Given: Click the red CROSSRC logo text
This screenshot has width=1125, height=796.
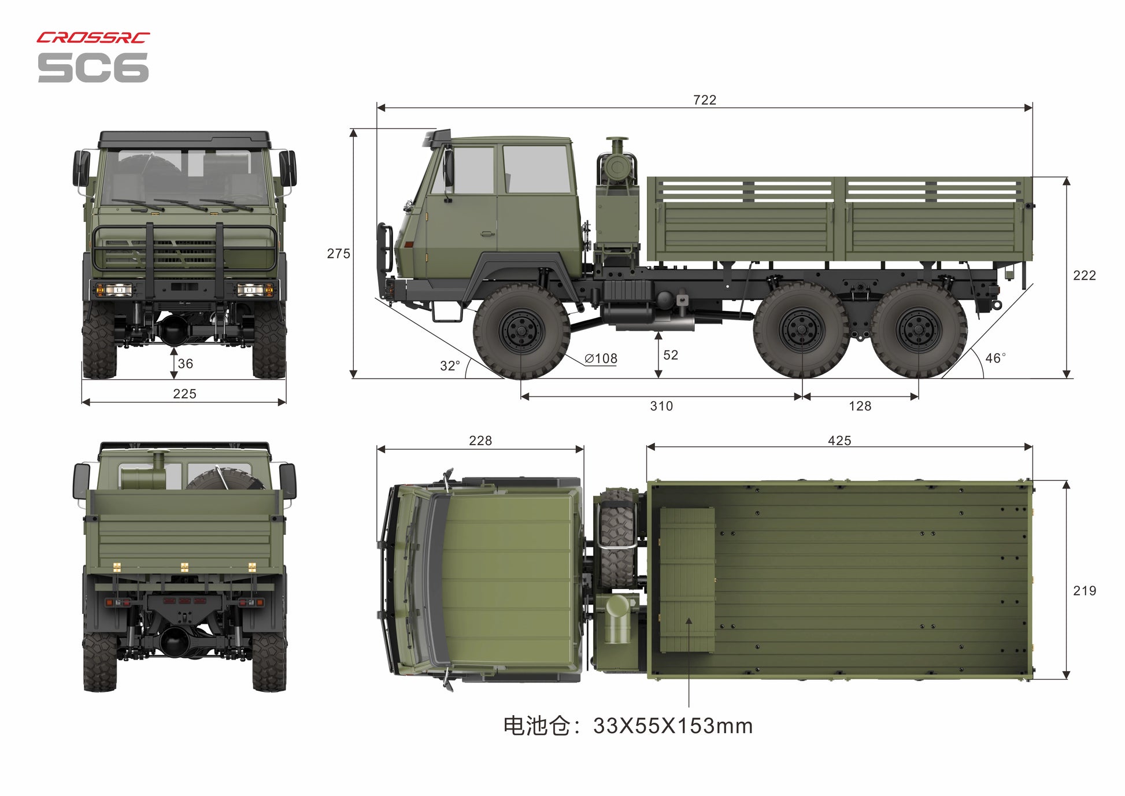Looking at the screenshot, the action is point(93,38).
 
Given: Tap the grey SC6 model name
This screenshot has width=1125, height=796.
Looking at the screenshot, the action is point(93,68).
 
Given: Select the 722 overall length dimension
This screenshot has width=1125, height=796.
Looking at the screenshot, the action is point(705,100).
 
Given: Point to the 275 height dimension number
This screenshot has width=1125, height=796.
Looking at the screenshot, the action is point(338,254).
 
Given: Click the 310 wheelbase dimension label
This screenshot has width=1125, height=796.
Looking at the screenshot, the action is point(661,406).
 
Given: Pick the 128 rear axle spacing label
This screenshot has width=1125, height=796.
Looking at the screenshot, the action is point(860,406).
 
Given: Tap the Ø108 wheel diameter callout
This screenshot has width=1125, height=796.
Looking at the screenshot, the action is point(601,358).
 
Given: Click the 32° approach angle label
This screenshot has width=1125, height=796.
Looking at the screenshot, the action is point(450,366).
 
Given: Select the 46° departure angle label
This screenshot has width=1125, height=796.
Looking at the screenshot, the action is point(996,358).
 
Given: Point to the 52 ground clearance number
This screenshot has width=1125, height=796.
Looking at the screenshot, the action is point(671,355).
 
